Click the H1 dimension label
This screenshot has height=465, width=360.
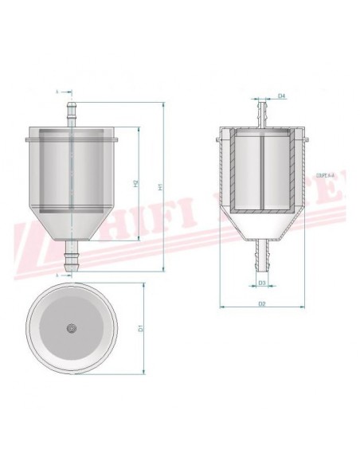coord(160,186)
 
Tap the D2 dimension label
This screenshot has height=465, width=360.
coord(261,303)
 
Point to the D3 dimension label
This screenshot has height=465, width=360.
coord(261,282)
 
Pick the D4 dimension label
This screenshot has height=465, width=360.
coord(282,96)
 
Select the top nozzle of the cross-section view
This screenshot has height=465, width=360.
coord(260,108)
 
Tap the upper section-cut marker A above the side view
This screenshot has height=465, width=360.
coord(58,92)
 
